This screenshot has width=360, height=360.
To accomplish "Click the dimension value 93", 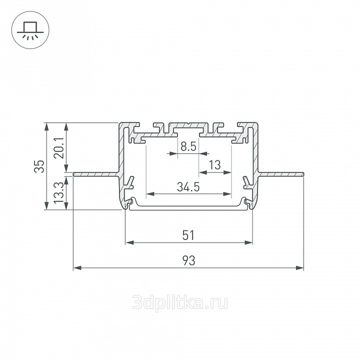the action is pyautogui.click(x=188, y=260).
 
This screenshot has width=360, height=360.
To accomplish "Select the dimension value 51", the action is pyautogui.click(x=188, y=235).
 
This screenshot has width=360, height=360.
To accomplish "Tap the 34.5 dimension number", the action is pyautogui.click(x=188, y=187).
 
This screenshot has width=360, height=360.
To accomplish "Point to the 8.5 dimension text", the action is pyautogui.click(x=188, y=146).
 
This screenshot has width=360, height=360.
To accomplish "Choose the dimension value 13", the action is pyautogui.click(x=215, y=165).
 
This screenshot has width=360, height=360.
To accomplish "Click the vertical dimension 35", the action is pyautogui.click(x=39, y=166).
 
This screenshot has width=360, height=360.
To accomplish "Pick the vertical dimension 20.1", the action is pyautogui.click(x=59, y=148).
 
